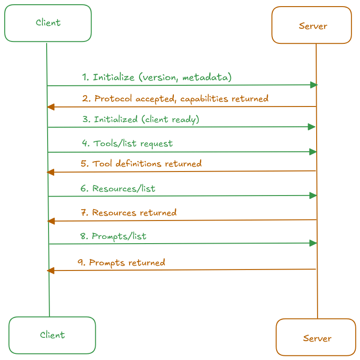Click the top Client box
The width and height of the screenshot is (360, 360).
pos(48,23)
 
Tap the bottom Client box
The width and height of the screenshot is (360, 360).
pos(52,335)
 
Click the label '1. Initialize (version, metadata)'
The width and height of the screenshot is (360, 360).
pos(157,77)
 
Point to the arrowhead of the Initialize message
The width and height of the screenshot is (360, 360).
pos(314,85)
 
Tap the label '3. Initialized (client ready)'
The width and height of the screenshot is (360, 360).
pos(141,120)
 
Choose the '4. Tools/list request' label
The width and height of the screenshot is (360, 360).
pos(127,144)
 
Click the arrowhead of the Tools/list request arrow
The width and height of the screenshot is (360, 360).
pos(313,152)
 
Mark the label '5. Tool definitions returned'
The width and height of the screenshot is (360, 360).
pos(141,164)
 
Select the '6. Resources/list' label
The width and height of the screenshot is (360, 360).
pos(118,188)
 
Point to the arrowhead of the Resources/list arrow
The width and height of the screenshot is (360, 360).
pos(313,196)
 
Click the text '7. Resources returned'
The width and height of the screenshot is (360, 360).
pos(128,213)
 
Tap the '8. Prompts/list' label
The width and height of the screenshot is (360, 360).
pos(113,236)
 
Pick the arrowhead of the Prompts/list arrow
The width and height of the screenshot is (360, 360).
pos(313,243)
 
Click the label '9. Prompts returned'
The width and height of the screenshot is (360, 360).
pos(121,262)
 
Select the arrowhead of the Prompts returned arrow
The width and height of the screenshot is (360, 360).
pos(50,270)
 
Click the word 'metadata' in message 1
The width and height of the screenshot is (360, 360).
pos(207,77)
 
